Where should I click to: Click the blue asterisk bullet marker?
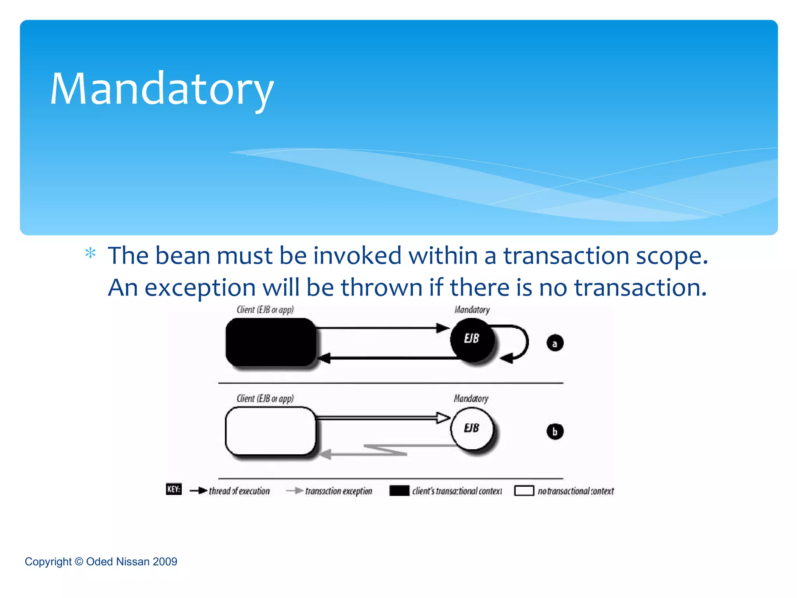(90, 253)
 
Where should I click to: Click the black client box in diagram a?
(271, 342)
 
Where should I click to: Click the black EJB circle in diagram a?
(472, 339)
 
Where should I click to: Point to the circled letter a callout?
(555, 343)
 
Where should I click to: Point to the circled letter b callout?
(555, 431)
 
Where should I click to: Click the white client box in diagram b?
(271, 431)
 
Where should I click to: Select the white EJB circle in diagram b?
(472, 428)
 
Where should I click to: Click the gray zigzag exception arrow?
(385, 450)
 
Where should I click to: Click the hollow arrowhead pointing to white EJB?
(443, 418)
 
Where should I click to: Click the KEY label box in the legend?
(174, 489)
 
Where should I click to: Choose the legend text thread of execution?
(239, 491)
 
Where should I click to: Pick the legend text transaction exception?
(339, 491)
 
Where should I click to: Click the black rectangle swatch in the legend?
(399, 491)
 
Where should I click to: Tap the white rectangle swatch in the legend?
(524, 491)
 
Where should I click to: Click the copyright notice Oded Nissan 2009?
(101, 561)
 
